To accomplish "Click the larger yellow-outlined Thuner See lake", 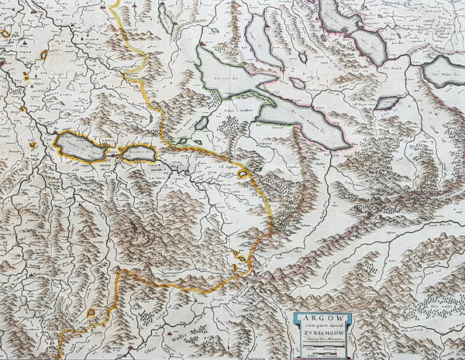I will point(81,146).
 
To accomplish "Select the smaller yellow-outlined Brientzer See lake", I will point(138,153).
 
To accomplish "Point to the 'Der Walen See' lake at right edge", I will point(445,71).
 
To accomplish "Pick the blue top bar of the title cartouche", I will point(321,313).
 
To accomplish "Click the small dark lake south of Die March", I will point(386,102).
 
